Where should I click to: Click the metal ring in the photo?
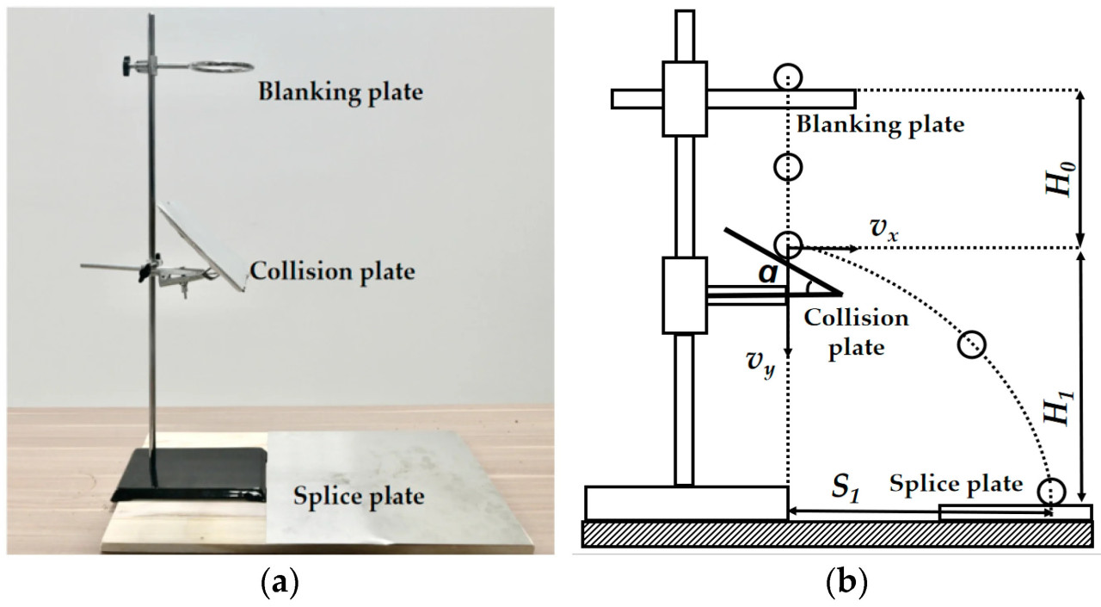pyautogui.click(x=218, y=66)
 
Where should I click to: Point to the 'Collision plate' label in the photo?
pyautogui.click(x=331, y=272)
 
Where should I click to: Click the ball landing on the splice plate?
pyautogui.click(x=1051, y=492)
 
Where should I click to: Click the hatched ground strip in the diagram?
pyautogui.click(x=838, y=534)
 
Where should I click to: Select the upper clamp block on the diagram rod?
pyautogui.click(x=685, y=98)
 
